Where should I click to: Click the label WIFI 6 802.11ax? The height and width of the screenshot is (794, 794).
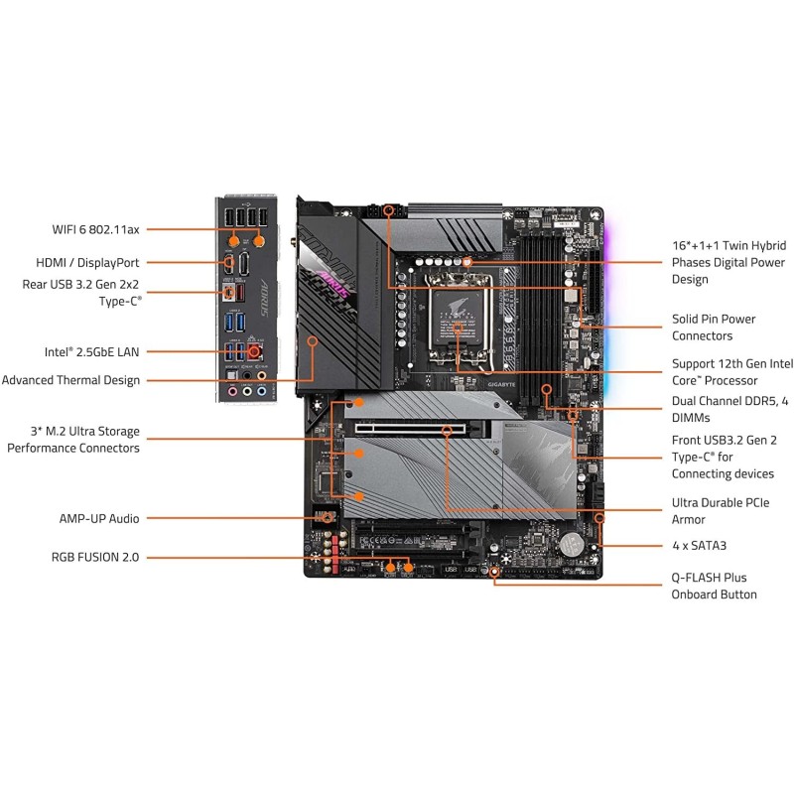point(96,229)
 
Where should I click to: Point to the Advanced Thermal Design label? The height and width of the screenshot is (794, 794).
point(70,380)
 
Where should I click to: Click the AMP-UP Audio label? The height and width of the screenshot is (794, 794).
point(99,518)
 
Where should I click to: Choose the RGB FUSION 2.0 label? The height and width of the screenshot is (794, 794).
point(95,558)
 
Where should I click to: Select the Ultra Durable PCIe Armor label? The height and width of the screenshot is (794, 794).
point(720,511)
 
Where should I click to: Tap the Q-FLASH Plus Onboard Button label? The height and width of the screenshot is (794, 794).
point(714,586)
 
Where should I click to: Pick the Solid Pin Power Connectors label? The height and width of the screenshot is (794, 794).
point(714,328)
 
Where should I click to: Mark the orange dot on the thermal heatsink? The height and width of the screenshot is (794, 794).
point(313,340)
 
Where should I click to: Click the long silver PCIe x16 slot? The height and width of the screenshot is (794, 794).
point(417,431)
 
